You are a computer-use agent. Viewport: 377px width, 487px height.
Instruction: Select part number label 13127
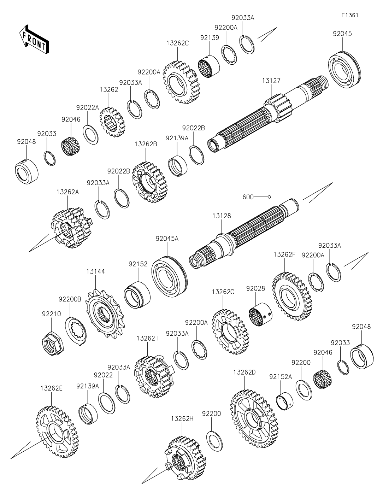[271, 81]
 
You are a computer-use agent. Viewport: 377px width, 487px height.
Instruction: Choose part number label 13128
[222, 216]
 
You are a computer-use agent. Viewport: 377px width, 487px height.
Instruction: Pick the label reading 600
[248, 197]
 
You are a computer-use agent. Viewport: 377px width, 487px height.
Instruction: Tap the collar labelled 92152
[137, 293]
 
